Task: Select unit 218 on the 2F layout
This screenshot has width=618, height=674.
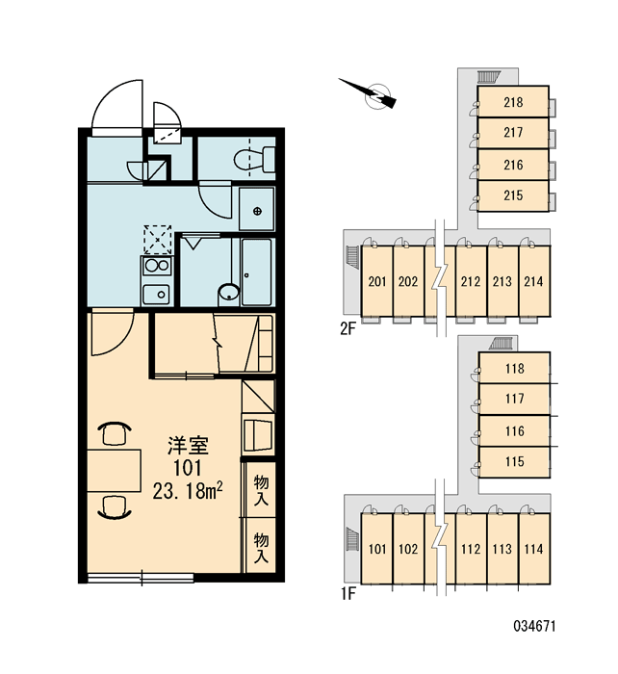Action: point(513,102)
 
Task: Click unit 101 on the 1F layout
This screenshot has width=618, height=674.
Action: point(377,549)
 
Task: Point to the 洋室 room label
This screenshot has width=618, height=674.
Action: point(189,446)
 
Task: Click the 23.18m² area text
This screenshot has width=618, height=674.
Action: point(188,490)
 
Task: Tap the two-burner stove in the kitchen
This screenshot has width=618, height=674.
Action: point(157,266)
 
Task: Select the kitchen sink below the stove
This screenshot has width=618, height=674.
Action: point(156,295)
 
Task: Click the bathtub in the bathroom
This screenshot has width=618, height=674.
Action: point(257,272)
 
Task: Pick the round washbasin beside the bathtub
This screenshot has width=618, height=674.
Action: point(229,293)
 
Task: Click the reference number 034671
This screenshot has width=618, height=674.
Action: point(534,626)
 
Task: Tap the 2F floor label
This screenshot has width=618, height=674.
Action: point(348,329)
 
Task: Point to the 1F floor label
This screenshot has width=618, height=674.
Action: point(348,594)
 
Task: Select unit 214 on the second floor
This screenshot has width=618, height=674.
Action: point(533,281)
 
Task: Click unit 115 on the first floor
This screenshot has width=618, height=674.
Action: point(514,461)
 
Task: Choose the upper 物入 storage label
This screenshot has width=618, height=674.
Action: point(261,490)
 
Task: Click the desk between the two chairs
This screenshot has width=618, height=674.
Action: point(115,471)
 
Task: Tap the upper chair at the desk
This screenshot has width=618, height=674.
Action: point(116,433)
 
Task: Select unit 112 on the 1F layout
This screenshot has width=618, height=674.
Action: point(471,549)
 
